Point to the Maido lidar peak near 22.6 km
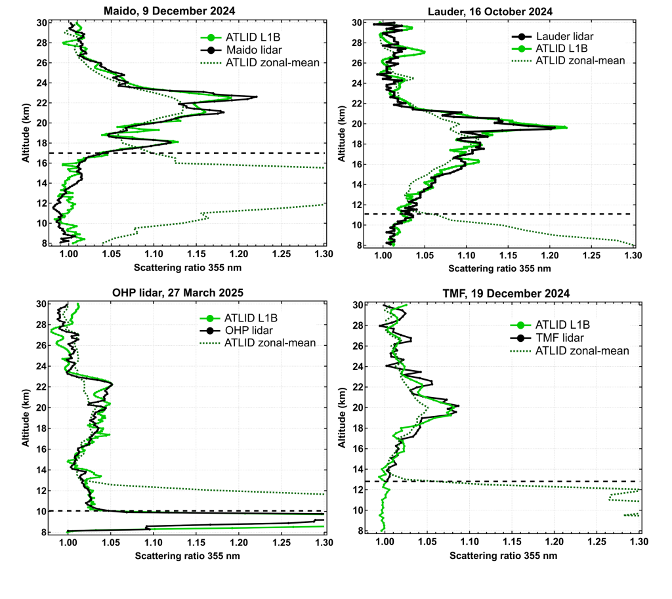coord(257,96)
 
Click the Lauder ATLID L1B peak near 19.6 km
coord(566,127)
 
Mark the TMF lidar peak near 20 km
coord(458,406)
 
